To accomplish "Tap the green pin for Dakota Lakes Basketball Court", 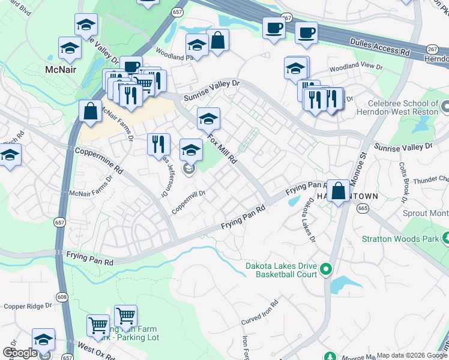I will coord(326,268).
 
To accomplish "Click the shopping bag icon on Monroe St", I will coord(339,191).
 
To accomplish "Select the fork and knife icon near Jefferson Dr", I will coord(158,143).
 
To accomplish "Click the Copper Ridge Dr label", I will coord(28,306).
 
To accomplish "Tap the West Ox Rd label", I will coord(94,347).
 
